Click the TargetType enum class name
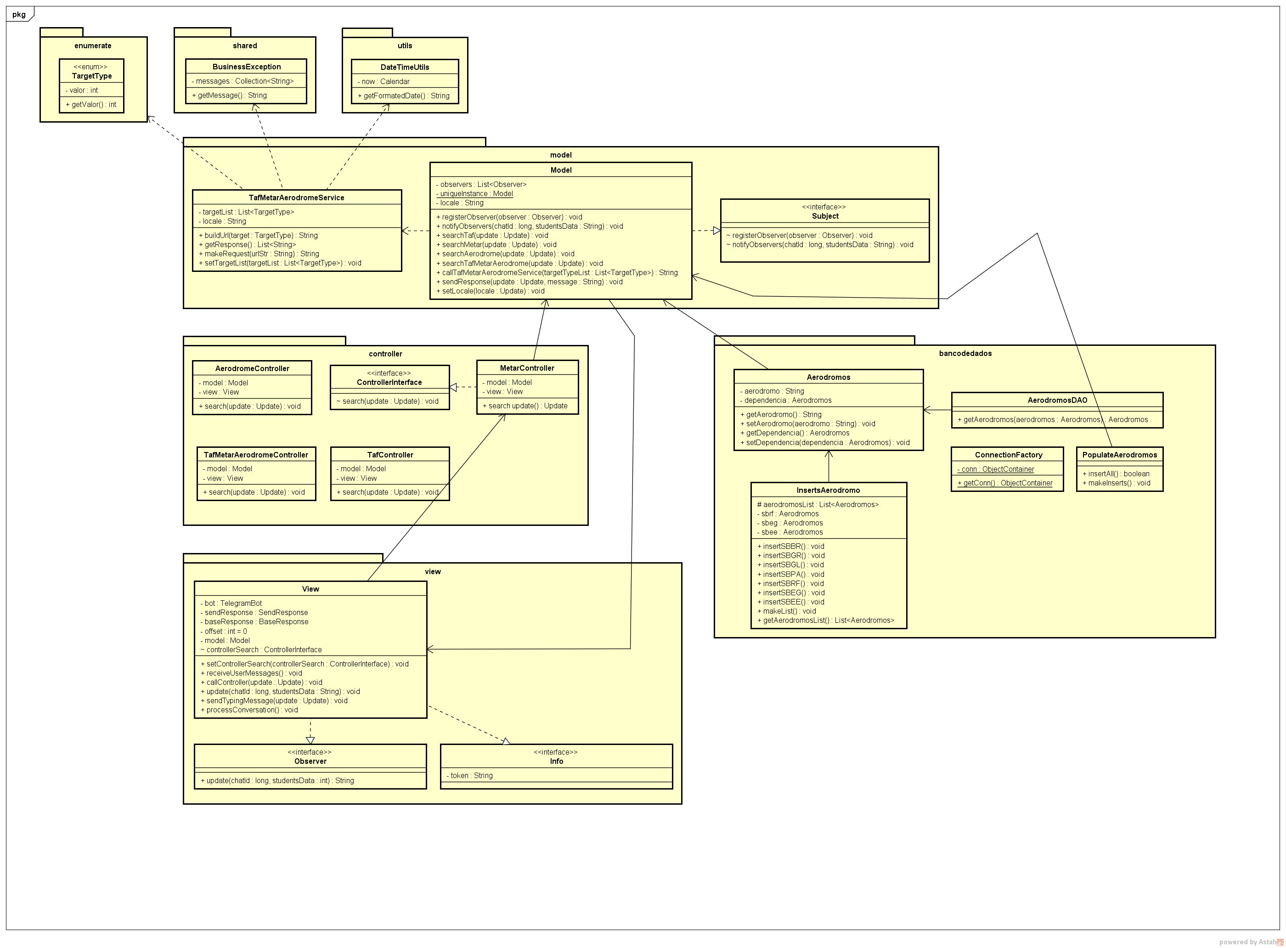[x=92, y=76]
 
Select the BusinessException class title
[x=246, y=67]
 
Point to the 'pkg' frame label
[x=19, y=14]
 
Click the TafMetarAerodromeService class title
[x=296, y=197]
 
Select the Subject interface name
[x=824, y=216]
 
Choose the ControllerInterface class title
[x=389, y=382]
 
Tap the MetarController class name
[x=527, y=368]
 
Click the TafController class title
[x=389, y=455]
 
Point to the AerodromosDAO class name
[x=1057, y=400]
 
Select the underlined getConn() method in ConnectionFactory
[x=1005, y=483]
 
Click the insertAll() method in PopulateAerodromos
[x=1116, y=474]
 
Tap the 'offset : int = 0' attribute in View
[x=224, y=631]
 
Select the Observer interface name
[x=310, y=761]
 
